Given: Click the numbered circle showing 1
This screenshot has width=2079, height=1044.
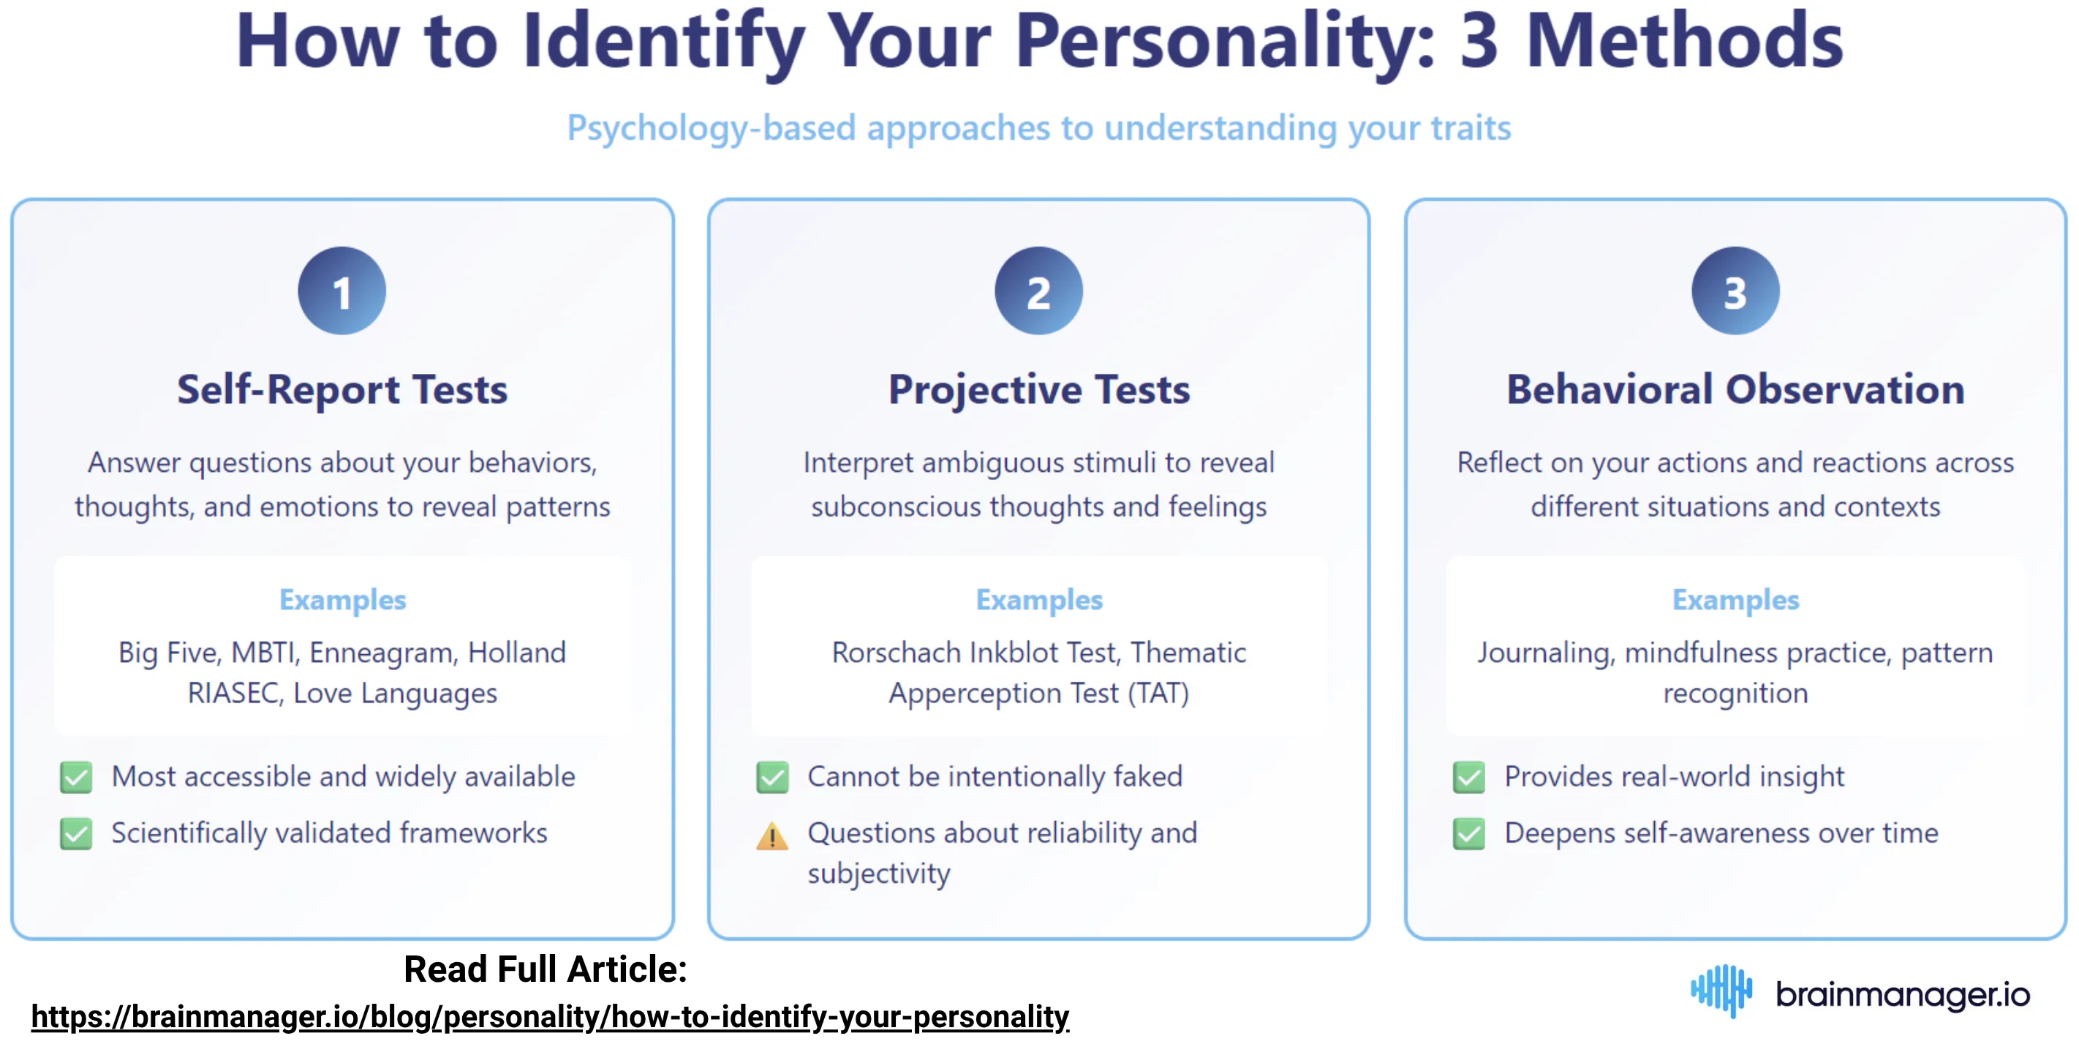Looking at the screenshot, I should coord(342,290).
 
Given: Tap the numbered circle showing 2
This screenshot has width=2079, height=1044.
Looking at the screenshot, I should coord(1038,290).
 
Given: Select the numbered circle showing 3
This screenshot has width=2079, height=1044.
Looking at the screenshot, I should coord(1735,290).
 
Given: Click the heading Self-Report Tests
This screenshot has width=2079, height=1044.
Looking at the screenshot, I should coord(342,390).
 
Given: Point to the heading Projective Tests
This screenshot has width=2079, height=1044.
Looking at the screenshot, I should coord(1038,390).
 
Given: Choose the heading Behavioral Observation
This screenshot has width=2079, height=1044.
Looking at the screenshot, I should coord(1735,390).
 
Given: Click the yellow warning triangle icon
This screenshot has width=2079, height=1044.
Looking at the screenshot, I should coord(771,835).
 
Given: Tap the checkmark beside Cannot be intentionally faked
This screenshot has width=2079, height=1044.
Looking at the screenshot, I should coord(771,777).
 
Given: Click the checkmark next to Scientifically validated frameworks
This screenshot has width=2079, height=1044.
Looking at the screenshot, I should coord(76,833).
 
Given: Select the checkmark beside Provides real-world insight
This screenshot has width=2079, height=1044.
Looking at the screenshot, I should coord(1468,777).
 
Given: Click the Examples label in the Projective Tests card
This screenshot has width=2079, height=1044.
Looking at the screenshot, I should coord(1038,600).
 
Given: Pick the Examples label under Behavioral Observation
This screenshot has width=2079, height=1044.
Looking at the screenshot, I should coord(1735,600).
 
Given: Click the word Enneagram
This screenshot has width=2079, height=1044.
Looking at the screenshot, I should coord(382,653).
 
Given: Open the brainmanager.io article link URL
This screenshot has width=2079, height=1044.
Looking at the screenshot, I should coord(550,1016).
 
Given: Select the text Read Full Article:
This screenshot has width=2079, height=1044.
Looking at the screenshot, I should coord(545,969).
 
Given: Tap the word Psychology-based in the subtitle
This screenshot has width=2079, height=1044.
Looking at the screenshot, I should coord(711,127).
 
